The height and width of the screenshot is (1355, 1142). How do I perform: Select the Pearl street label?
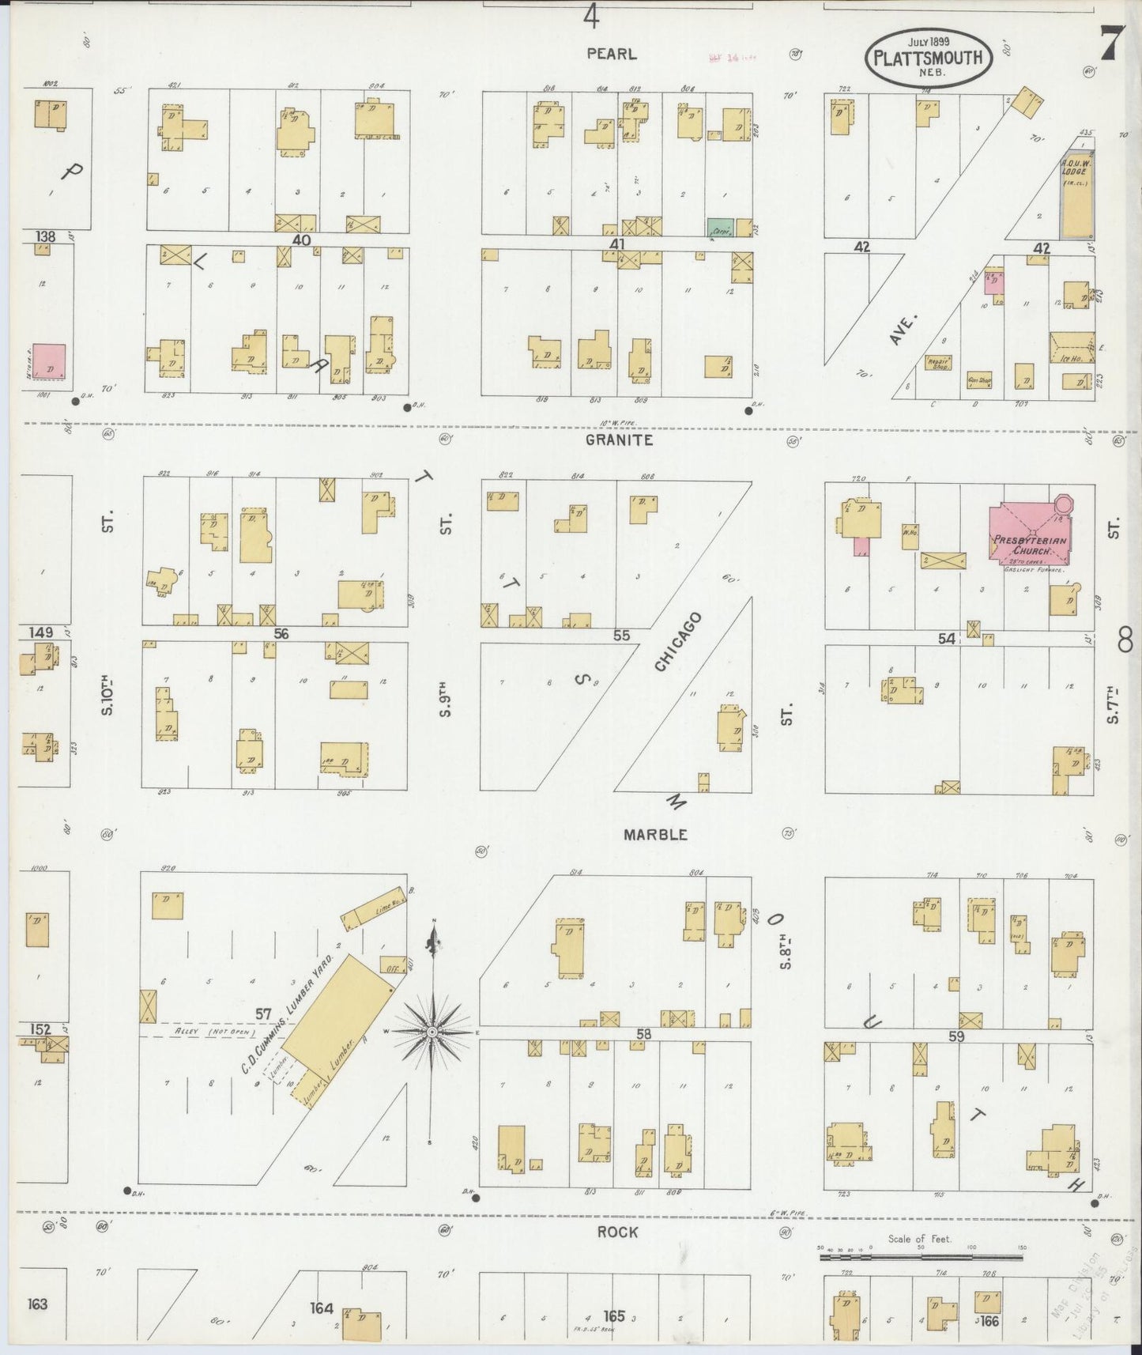pos(611,54)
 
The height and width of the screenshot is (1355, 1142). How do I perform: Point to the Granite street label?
pos(619,440)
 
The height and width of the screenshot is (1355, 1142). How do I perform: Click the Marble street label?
pos(654,835)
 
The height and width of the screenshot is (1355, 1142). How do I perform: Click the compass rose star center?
pos(433,1032)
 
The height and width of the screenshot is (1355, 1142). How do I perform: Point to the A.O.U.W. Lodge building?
pos(1076,194)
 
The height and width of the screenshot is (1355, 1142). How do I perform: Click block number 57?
pos(263,1013)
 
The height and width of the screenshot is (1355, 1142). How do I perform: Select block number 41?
pos(616,244)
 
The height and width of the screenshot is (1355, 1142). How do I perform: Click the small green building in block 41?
pos(719,228)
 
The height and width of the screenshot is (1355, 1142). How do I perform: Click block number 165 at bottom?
pos(614,1315)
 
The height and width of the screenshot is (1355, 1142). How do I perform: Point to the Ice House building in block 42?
pos(1072,347)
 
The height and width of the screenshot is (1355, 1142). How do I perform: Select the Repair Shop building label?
pos(938,363)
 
